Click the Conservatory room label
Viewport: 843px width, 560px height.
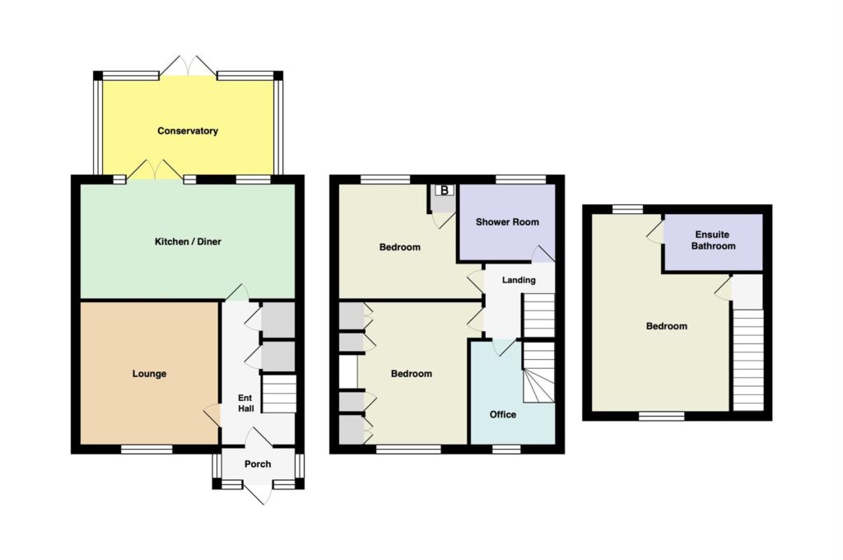point(188,131)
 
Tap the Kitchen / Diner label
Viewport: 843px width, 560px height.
point(188,241)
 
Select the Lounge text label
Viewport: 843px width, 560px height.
point(150,373)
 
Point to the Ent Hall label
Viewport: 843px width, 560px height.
point(245,403)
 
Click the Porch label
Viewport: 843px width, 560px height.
point(258,464)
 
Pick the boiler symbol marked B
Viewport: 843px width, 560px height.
point(444,190)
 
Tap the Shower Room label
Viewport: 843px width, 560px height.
point(507,222)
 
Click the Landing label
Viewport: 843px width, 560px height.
point(519,280)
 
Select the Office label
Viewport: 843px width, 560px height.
point(503,414)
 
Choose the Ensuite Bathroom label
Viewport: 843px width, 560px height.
point(713,240)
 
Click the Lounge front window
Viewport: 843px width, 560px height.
point(147,449)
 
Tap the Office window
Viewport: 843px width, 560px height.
point(506,449)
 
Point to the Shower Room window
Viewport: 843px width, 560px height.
point(521,180)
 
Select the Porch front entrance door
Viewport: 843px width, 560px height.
point(258,492)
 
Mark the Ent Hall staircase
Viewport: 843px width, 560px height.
point(278,394)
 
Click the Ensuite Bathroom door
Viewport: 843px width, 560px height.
point(655,231)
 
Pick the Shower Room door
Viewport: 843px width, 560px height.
point(543,254)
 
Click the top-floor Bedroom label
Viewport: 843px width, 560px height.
point(667,326)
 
